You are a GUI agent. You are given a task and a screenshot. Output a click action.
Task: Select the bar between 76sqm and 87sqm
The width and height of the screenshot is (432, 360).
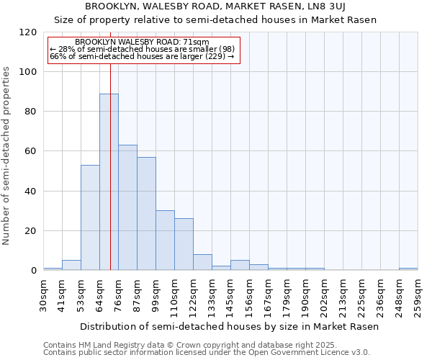pyautogui.click(x=127, y=207)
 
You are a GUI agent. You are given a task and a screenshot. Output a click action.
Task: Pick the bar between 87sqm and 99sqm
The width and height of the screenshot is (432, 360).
pyautogui.click(x=146, y=214)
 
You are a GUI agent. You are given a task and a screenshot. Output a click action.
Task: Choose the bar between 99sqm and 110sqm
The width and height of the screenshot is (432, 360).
pyautogui.click(x=165, y=240)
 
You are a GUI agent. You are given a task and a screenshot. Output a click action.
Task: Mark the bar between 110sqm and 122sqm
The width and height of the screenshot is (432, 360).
pyautogui.click(x=184, y=244)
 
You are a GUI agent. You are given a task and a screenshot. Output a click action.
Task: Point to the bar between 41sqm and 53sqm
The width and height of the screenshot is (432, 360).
pyautogui.click(x=71, y=265)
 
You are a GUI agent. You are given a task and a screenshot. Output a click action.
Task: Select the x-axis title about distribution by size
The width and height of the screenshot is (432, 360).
pyautogui.click(x=229, y=326)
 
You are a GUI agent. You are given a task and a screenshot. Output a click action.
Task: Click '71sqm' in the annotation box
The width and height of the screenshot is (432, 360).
pyautogui.click(x=195, y=42)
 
